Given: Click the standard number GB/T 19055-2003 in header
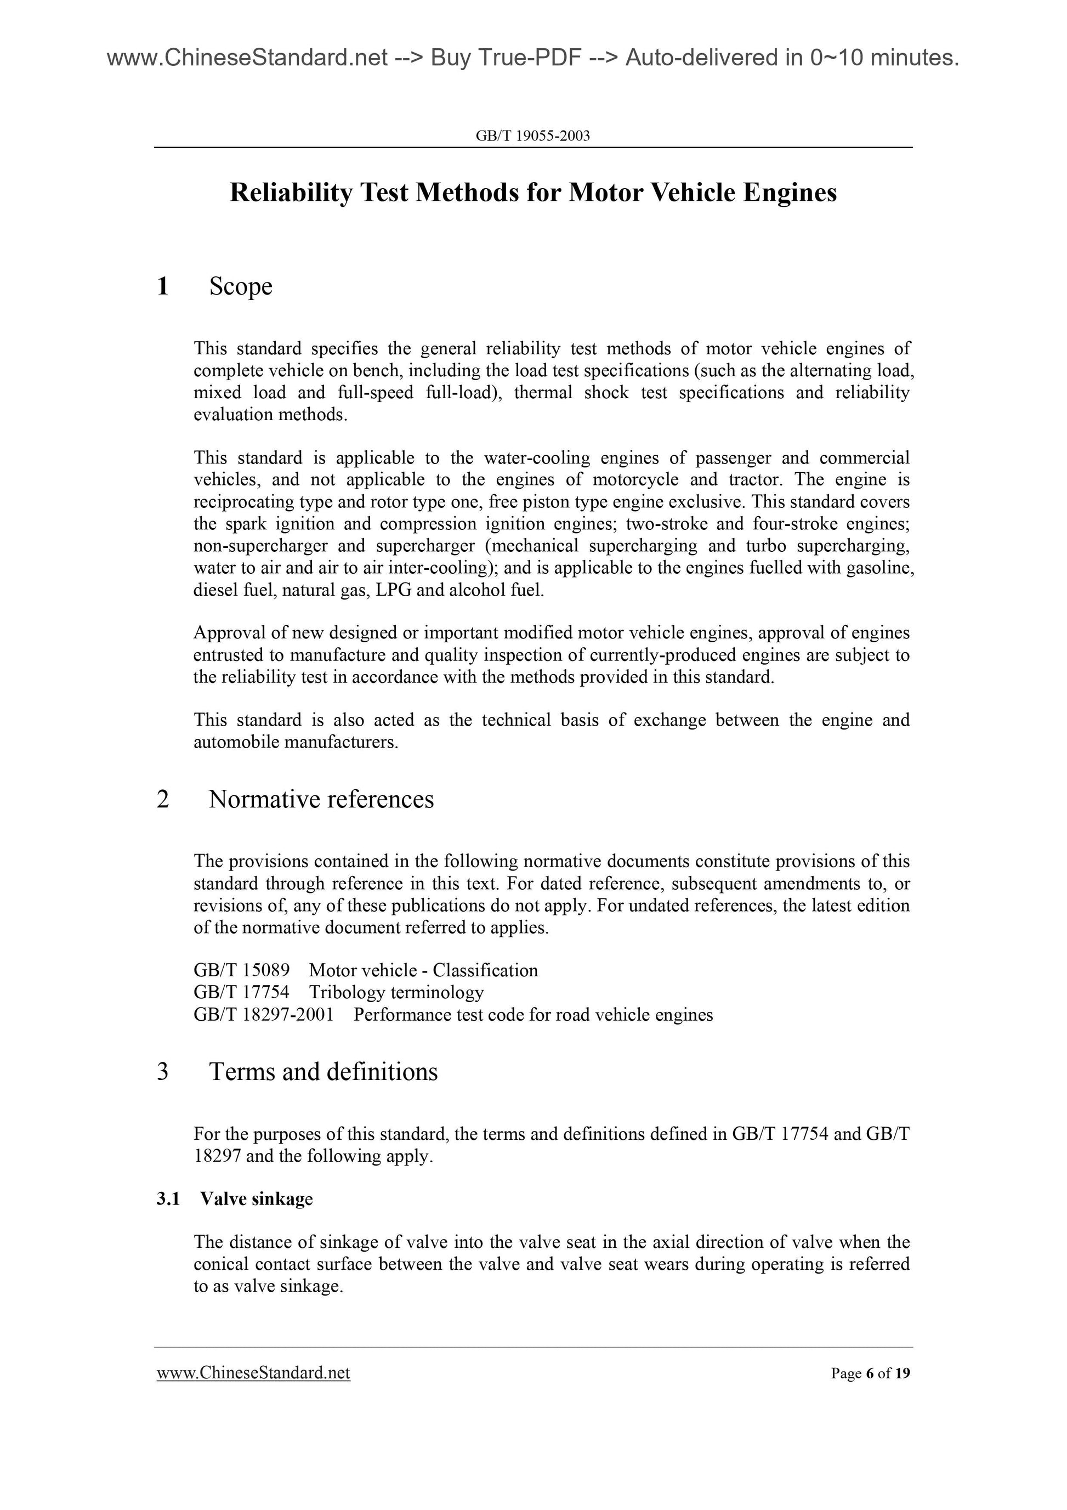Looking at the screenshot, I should [532, 136].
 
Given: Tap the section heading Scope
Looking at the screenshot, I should [241, 286].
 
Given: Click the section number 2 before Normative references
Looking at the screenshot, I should [163, 799].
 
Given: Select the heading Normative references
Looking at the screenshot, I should [321, 799].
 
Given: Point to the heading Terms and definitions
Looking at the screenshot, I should [323, 1071].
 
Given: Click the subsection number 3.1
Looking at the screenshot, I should [168, 1199].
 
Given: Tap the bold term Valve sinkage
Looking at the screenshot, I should [257, 1199].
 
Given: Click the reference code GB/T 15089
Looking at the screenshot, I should [241, 970].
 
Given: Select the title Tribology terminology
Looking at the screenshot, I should [396, 992].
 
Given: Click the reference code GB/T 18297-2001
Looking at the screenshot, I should [264, 1014].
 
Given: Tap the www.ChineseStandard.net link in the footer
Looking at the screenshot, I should [253, 1372].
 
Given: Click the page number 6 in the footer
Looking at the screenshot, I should [870, 1373].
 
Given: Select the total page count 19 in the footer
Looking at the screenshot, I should [903, 1373].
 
